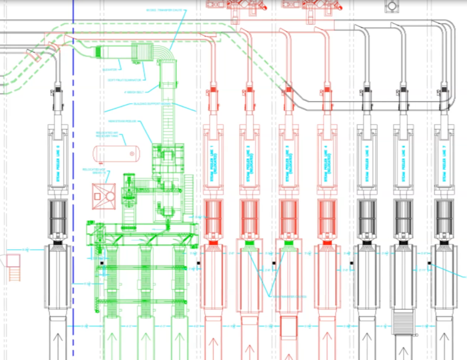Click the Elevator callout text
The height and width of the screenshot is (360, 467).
[x=110, y=69]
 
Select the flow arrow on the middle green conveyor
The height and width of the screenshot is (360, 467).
[x=147, y=344]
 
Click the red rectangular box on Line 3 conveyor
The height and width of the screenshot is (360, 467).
[x=289, y=327]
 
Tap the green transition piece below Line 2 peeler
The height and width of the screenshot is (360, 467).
[x=248, y=243]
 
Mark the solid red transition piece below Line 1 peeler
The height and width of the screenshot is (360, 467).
[x=214, y=243]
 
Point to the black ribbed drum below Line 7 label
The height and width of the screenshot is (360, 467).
[x=444, y=216]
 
